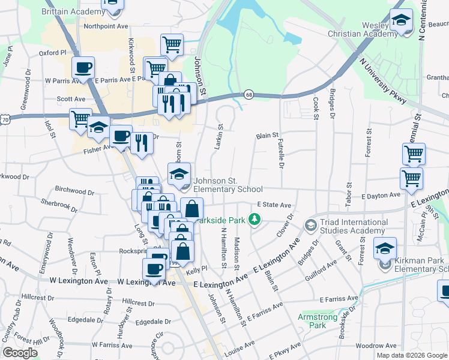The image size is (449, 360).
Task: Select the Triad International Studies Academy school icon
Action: [310, 226]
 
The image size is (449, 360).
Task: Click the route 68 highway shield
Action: [249, 94]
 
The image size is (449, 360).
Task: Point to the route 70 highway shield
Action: [5, 120]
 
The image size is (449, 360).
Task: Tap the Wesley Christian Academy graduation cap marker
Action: [400, 22]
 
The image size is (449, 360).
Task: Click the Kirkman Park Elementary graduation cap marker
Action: [385, 248]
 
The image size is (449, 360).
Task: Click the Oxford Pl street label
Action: [52, 53]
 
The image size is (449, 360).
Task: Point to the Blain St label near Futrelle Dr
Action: [268, 136]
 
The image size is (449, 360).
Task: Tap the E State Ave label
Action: [274, 205]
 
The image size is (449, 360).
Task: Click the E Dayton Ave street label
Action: [381, 196]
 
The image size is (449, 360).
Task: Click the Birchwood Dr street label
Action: [74, 190]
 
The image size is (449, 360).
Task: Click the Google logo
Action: [20, 353]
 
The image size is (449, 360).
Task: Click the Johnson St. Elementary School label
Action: [229, 185]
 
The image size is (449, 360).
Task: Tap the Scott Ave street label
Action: [71, 99]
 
